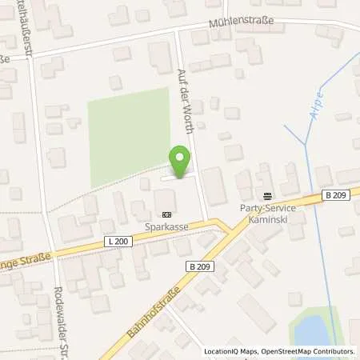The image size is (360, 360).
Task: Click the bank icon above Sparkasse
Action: [x=166, y=214]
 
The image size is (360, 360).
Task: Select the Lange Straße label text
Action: [x=24, y=260]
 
